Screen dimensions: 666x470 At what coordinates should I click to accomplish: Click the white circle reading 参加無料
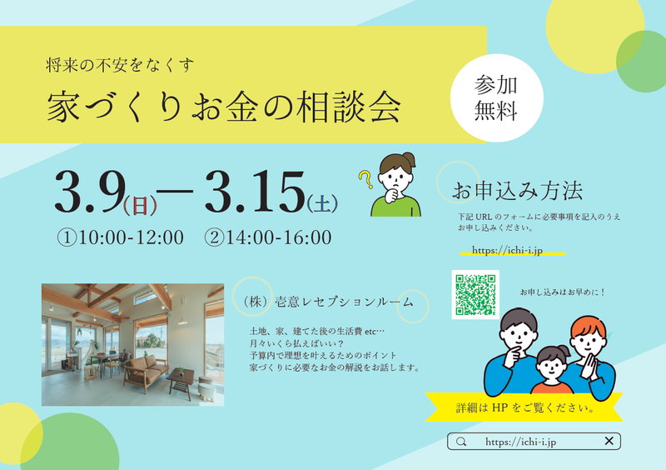496,97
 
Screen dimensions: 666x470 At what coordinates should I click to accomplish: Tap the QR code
475,294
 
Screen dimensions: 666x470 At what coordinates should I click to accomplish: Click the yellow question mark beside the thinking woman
365,179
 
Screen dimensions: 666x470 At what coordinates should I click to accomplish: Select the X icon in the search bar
609,441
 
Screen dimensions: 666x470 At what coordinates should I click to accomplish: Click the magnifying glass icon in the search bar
461,442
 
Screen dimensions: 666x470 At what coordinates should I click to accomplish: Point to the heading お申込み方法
517,191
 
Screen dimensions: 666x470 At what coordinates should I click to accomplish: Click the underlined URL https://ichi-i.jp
507,250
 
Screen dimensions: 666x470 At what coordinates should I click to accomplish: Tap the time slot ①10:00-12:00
120,237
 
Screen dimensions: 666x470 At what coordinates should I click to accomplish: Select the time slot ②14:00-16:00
267,237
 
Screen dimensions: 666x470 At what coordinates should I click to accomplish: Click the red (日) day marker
140,206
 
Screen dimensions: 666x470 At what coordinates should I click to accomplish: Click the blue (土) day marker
322,203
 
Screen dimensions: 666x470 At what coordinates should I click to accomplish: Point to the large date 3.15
255,192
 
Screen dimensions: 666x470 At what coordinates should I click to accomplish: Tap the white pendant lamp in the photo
182,319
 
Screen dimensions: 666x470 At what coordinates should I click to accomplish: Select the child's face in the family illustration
551,367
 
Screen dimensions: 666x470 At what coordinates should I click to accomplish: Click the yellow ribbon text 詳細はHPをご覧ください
525,407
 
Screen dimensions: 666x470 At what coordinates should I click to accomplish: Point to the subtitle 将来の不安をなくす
120,65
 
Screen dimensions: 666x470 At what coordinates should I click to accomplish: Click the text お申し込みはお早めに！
563,292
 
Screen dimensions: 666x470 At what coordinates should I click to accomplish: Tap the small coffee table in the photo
180,380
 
